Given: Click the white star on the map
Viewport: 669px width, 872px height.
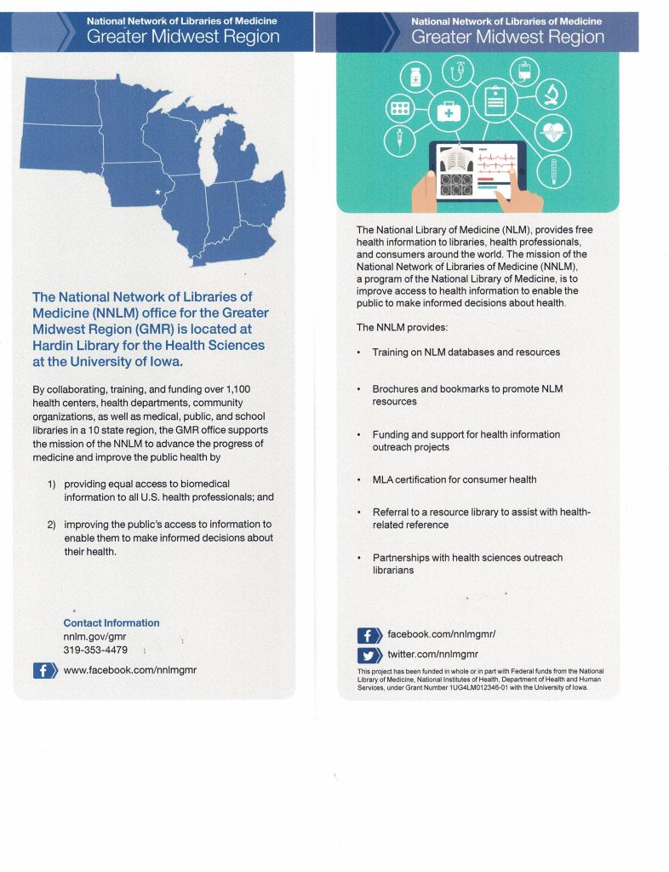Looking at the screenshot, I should [157, 192].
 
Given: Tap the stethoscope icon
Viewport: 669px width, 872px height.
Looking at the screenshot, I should [460, 72].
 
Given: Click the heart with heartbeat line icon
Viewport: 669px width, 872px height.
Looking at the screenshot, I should [555, 134].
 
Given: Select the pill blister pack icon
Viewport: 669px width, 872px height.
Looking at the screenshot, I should [398, 107].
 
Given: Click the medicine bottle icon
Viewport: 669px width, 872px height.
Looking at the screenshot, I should [416, 77].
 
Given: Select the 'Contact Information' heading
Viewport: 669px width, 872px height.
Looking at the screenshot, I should [111, 622].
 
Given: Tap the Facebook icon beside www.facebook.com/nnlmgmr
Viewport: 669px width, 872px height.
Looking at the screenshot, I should [43, 670].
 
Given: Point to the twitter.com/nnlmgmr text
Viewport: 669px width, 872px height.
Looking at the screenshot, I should [432, 654].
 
